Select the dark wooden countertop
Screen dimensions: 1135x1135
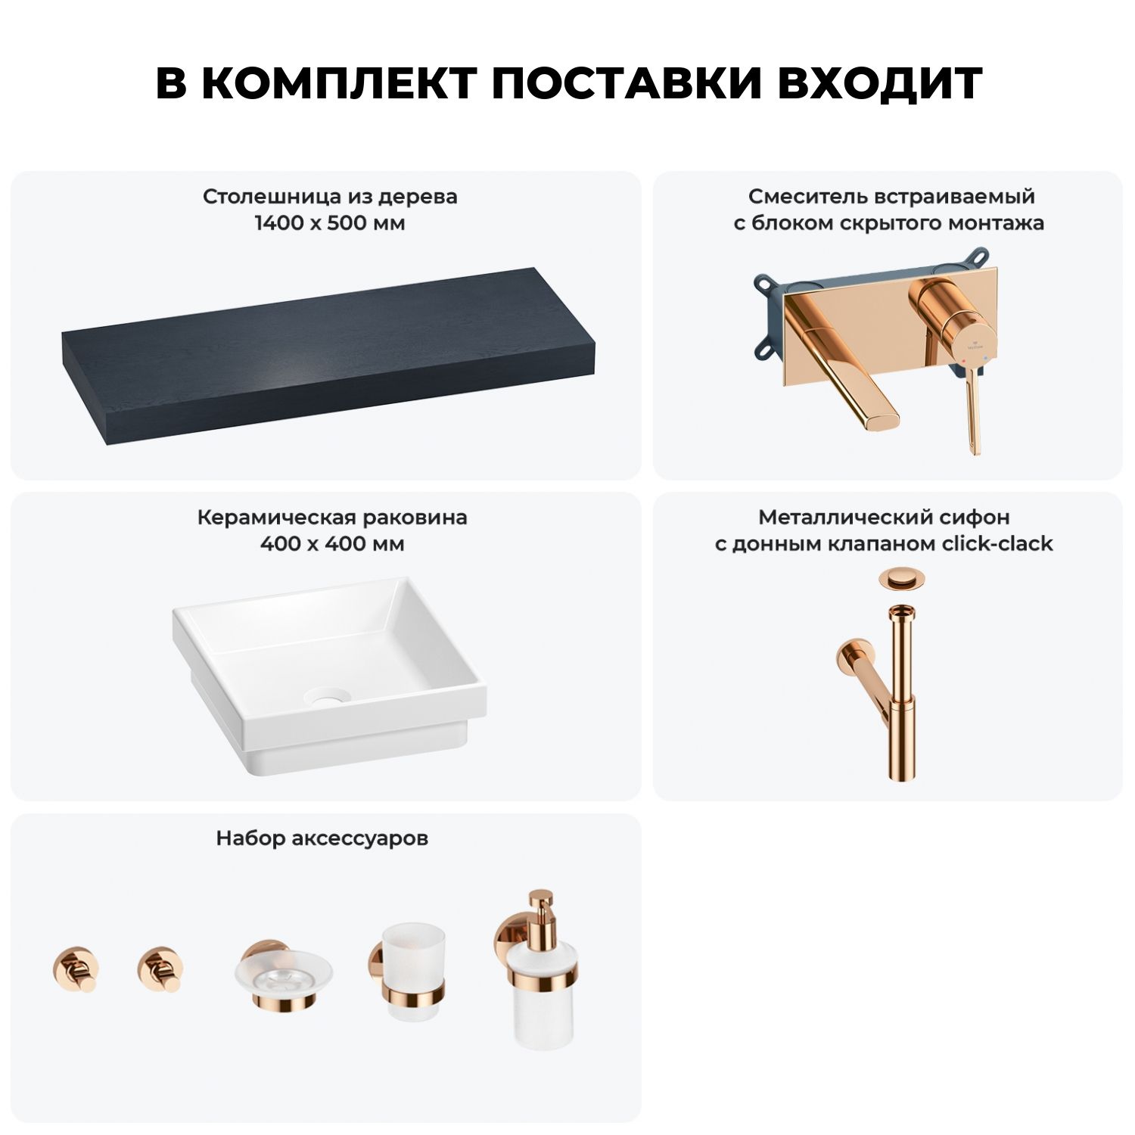pyautogui.click(x=328, y=356)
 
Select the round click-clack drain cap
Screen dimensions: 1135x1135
pyautogui.click(x=902, y=579)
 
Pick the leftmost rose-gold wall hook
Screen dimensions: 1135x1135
pyautogui.click(x=76, y=969)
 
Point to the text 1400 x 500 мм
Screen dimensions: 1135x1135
pyautogui.click(x=330, y=223)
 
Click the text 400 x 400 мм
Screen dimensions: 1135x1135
pyautogui.click(x=332, y=543)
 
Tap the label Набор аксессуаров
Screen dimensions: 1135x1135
pyautogui.click(x=322, y=838)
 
